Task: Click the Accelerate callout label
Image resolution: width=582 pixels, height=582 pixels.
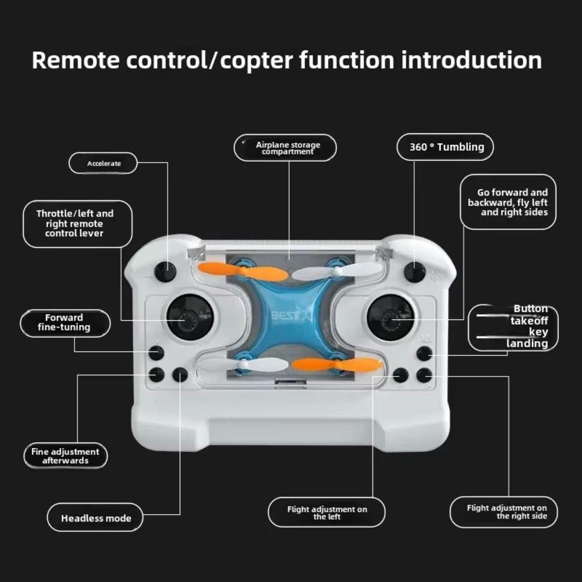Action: click(x=103, y=164)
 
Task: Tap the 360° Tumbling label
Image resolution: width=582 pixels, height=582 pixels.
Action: click(x=445, y=147)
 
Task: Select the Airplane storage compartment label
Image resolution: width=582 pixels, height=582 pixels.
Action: click(x=285, y=148)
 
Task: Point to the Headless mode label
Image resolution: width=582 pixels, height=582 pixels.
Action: click(x=95, y=518)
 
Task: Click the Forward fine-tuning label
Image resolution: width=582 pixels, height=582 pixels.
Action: click(x=65, y=323)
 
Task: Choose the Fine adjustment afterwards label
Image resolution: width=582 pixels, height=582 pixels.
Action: click(x=65, y=456)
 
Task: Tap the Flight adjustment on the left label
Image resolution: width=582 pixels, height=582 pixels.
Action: click(x=327, y=513)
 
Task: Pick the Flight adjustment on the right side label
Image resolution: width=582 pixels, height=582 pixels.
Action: click(x=503, y=512)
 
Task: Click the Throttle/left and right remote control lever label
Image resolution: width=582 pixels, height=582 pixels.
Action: click(x=77, y=224)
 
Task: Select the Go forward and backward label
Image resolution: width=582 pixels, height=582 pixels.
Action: click(x=508, y=203)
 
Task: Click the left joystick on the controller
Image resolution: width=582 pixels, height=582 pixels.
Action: click(x=190, y=317)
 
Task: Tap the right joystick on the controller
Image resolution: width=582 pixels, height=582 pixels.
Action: click(x=391, y=318)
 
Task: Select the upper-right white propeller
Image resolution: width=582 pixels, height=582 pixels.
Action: click(x=337, y=271)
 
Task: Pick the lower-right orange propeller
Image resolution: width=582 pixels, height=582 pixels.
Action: click(x=337, y=364)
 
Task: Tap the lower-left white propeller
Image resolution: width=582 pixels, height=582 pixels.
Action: click(x=243, y=364)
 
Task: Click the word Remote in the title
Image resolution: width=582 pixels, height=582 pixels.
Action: click(x=76, y=60)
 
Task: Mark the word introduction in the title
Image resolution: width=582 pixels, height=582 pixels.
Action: click(x=471, y=60)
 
